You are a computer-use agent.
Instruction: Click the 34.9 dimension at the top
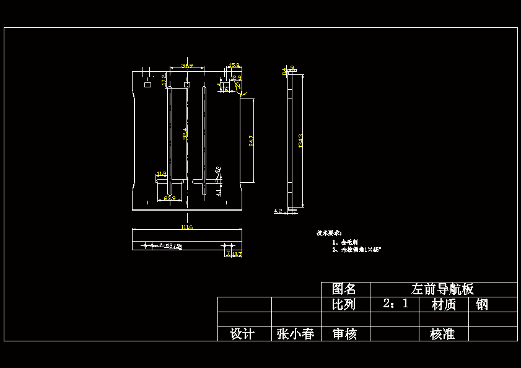coord(186,65)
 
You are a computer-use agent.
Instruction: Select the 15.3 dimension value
coord(235,65)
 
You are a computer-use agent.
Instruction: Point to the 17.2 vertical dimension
coord(164,79)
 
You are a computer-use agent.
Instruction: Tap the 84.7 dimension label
coord(251,141)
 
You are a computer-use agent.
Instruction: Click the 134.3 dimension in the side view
coord(301,141)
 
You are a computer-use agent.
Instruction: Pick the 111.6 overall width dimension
coord(186,227)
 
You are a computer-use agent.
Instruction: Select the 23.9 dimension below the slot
coord(169,199)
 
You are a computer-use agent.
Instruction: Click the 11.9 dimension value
coord(161,174)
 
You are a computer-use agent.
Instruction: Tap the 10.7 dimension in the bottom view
coord(237,254)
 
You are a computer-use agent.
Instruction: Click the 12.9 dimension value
coord(236,78)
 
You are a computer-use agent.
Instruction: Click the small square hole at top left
coord(147,84)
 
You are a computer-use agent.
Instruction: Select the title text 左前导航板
coord(443,289)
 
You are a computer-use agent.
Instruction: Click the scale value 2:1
coord(395,304)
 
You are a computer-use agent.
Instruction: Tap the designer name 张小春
coord(295,334)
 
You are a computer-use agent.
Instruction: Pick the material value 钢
coord(482,304)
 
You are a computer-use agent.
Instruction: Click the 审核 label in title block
coord(344,334)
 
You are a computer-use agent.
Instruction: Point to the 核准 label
coord(442,334)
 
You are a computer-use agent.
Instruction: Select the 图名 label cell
coord(344,289)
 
